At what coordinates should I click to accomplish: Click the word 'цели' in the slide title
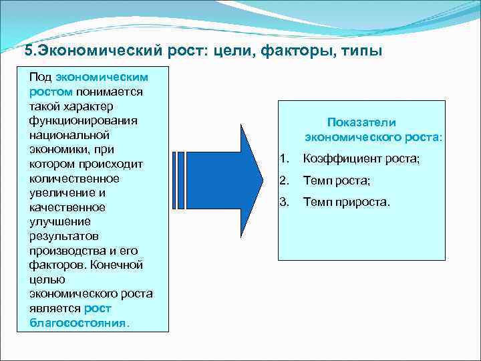236,51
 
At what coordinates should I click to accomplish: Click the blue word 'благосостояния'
77,322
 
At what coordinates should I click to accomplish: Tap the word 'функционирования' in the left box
83,120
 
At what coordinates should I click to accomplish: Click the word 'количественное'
74,178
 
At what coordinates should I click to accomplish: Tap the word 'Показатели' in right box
361,122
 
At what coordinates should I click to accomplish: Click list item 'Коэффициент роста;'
361,159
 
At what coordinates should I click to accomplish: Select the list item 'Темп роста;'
336,180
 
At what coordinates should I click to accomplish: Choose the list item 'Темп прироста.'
346,201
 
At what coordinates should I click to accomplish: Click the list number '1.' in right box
284,159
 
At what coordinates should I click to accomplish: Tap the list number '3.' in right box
284,201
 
